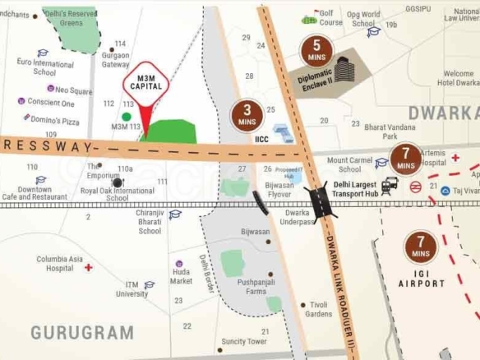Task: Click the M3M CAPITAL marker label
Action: point(145,83)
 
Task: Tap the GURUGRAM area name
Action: point(81,332)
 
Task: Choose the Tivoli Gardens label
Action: point(318,309)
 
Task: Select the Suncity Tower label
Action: point(243,341)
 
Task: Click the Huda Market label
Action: point(181,276)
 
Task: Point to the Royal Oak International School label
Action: point(117,194)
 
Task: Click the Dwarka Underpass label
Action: point(296,217)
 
